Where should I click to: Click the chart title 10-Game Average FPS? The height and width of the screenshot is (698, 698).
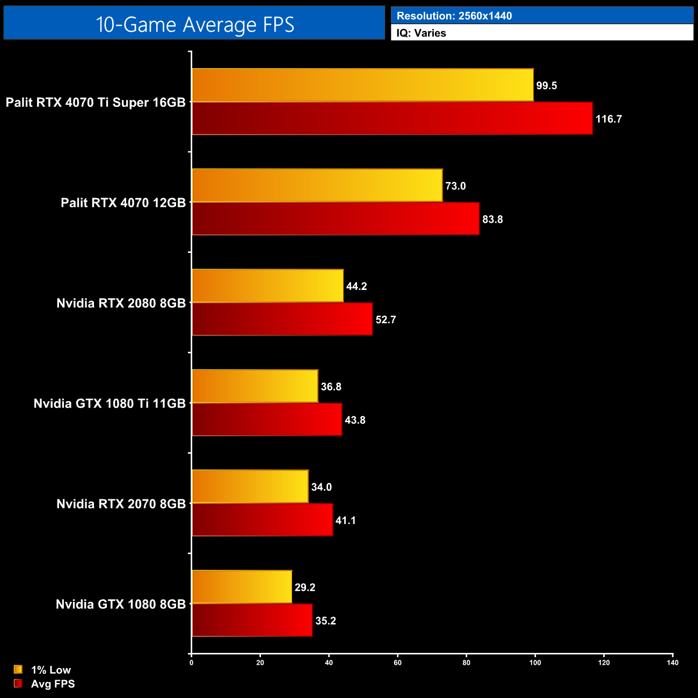pos(194,24)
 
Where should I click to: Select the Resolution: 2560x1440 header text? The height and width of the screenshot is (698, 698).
pos(454,16)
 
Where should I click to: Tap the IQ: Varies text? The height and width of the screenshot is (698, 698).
pos(421,33)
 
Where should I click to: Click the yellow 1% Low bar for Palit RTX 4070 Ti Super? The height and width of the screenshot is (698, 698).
pos(362,85)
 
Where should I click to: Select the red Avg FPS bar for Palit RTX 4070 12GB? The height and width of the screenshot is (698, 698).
pos(336,219)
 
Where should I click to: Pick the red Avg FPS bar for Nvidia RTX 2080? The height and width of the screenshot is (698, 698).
pos(282,319)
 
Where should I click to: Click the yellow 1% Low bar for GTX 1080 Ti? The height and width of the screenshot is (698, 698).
pos(255,386)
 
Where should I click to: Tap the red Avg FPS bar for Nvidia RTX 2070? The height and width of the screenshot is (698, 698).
pos(262,520)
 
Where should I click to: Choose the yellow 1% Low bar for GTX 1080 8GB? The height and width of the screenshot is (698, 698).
pos(242,587)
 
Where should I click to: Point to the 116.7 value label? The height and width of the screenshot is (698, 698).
pos(608,119)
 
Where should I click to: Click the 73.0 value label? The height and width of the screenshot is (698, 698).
pos(455,186)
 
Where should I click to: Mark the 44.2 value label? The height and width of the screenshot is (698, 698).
pos(357,287)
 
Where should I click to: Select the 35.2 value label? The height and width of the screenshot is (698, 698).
pos(325,621)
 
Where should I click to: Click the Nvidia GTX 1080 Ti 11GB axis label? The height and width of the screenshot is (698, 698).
pos(110,404)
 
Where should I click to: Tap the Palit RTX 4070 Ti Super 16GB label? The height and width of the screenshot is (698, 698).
pos(96,103)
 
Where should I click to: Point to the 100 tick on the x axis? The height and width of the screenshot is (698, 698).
pos(535,663)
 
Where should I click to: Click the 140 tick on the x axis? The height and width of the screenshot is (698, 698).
pos(673,663)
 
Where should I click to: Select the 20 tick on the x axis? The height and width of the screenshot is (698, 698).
pos(260,663)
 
